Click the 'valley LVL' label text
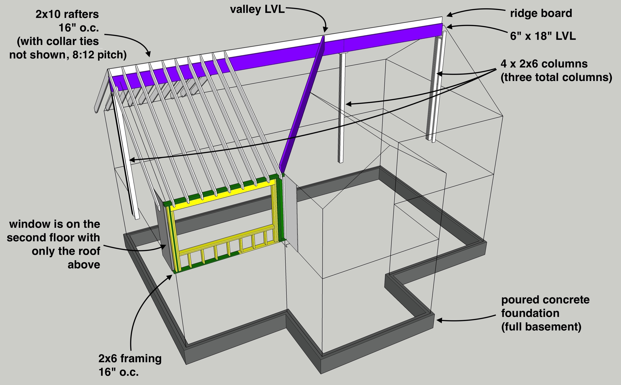click(257, 10)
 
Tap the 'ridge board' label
click(541, 14)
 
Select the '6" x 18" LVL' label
click(543, 36)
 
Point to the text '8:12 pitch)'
click(99, 55)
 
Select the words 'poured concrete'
click(545, 300)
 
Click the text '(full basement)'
click(541, 327)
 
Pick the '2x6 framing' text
click(130, 358)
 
